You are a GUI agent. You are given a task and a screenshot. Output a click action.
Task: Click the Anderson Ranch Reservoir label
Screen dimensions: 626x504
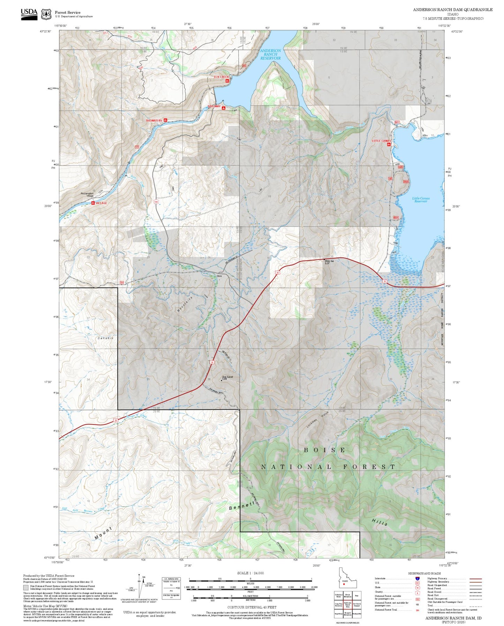click(x=270, y=54)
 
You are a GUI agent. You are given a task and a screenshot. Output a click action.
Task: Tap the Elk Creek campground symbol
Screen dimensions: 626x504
click(x=227, y=81)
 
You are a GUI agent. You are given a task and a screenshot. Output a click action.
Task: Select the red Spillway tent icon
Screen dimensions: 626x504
click(x=223, y=108)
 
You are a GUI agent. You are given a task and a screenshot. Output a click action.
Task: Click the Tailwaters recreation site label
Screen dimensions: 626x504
click(x=154, y=120)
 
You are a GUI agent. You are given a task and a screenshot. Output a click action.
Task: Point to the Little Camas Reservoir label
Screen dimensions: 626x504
click(x=421, y=200)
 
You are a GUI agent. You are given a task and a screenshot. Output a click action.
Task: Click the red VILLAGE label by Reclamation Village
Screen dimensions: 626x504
click(x=101, y=203)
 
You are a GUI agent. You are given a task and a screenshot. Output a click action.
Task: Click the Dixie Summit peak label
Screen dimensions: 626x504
click(x=227, y=377)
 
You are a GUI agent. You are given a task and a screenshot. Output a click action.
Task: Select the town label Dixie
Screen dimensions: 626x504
click(x=219, y=276)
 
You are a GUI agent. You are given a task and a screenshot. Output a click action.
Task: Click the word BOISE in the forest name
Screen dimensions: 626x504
click(x=324, y=450)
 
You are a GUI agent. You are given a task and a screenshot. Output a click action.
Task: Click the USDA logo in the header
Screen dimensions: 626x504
click(x=29, y=14)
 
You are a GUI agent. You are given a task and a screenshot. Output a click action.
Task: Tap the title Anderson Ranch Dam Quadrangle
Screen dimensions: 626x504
click(x=453, y=10)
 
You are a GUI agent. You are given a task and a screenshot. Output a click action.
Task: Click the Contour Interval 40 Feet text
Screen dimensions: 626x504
click(x=251, y=608)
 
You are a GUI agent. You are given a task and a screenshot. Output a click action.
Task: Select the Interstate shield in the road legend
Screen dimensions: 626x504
click(x=418, y=579)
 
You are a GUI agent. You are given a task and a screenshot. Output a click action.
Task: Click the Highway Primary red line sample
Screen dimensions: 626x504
click(x=476, y=579)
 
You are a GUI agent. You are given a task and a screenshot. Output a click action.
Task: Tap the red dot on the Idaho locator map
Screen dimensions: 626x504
click(x=344, y=583)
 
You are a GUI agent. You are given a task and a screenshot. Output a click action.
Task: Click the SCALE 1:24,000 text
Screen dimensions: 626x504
click(x=250, y=573)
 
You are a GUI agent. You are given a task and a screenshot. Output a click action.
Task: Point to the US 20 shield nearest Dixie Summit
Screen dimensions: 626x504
click(x=212, y=363)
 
